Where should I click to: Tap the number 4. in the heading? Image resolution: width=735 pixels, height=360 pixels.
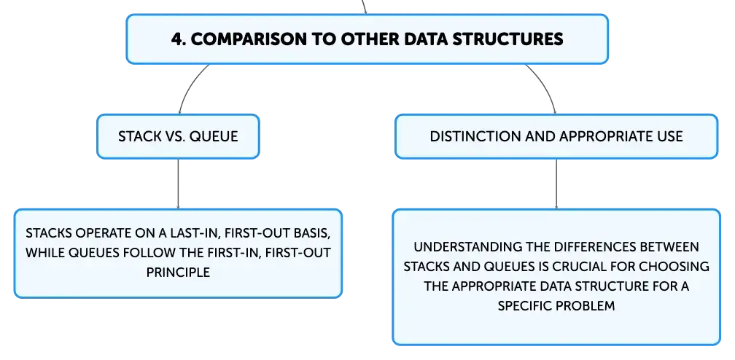pos(179,39)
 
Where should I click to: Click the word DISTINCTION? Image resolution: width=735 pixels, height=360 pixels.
pos(469,136)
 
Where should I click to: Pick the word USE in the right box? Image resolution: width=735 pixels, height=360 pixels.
pos(671,136)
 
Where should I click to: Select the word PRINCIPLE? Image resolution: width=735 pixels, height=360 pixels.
pos(178,273)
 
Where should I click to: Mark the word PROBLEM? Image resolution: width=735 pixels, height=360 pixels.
pos(586,306)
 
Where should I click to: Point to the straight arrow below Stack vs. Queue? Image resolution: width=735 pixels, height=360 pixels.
pos(178,184)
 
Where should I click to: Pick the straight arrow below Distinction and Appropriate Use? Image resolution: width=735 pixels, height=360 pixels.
pos(556,184)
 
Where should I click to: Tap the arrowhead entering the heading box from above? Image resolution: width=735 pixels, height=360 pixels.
pos(365,12)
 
